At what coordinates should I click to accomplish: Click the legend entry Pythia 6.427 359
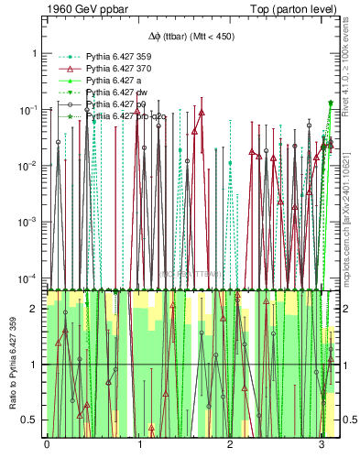pyautogui.click(x=115, y=56)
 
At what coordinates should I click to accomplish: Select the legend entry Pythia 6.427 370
pyautogui.click(x=115, y=69)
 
